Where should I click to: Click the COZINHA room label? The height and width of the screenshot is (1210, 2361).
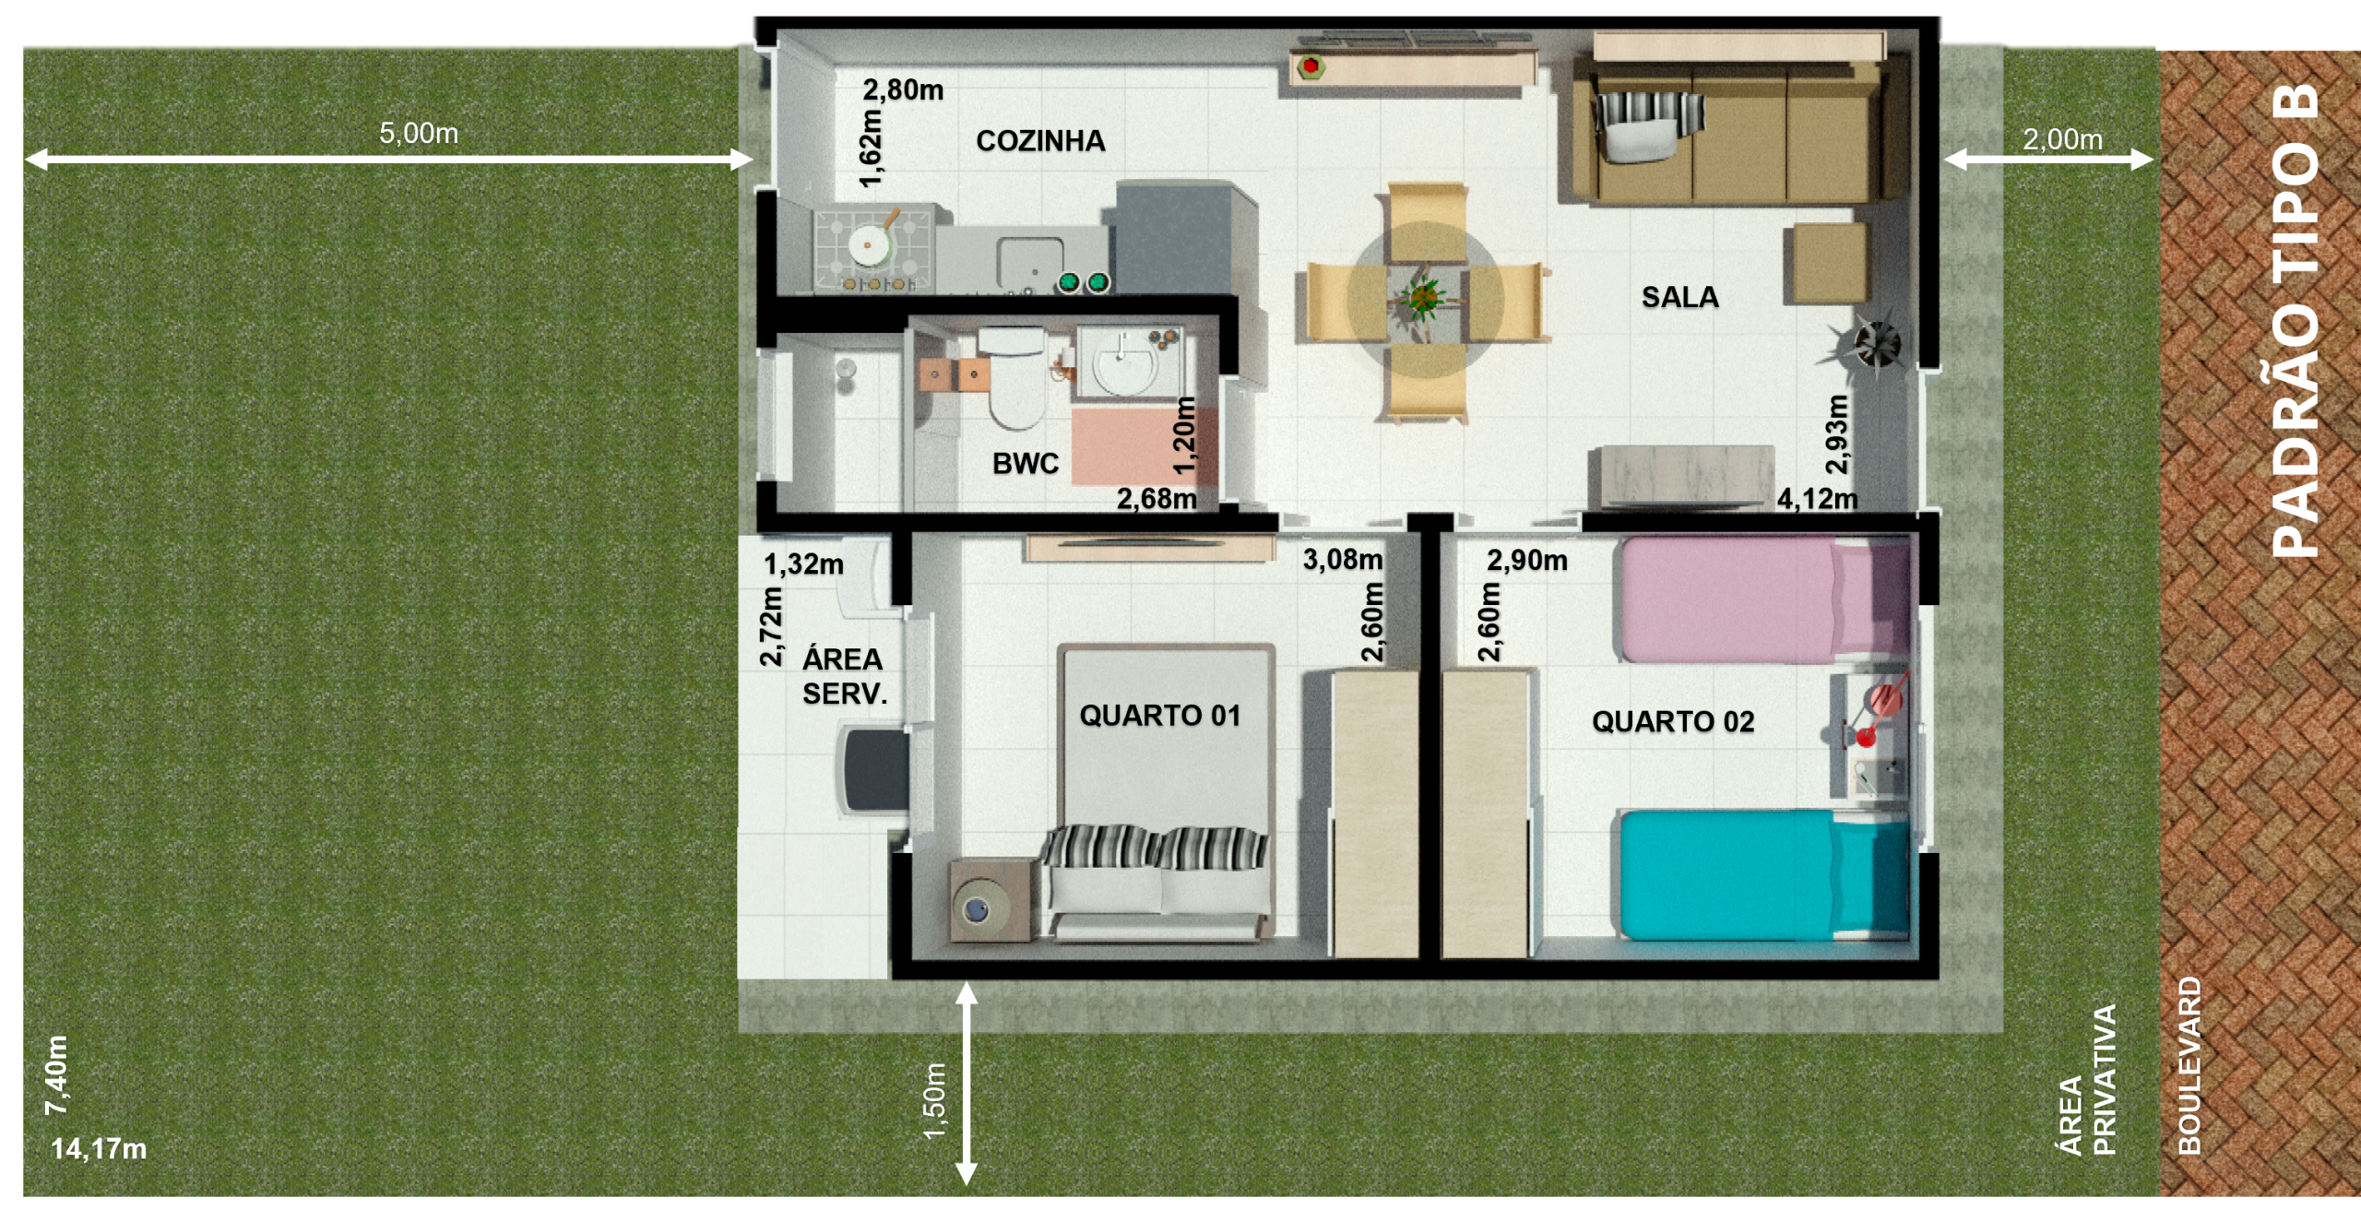[1040, 141]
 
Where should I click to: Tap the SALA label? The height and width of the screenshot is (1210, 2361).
[1679, 297]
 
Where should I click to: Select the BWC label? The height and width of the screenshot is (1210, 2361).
[1026, 463]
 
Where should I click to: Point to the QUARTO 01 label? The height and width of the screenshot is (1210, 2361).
[1160, 716]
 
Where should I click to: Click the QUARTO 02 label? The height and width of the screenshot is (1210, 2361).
[1673, 721]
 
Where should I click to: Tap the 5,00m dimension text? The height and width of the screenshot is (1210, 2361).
[419, 134]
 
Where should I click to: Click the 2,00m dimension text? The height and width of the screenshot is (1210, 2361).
[2063, 139]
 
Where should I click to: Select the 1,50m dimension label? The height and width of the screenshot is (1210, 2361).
[934, 1101]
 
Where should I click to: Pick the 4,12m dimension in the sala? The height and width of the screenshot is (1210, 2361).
[1818, 499]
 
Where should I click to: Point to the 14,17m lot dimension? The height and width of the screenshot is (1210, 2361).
[99, 1149]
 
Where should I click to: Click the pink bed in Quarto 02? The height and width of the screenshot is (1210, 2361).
[1765, 600]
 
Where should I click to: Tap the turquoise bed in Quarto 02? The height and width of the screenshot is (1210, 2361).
[1765, 875]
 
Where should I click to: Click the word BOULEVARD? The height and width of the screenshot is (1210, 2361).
[2189, 1066]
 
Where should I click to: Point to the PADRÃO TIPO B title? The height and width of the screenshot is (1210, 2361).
[2295, 319]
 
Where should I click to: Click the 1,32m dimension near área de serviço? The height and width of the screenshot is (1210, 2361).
[803, 564]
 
